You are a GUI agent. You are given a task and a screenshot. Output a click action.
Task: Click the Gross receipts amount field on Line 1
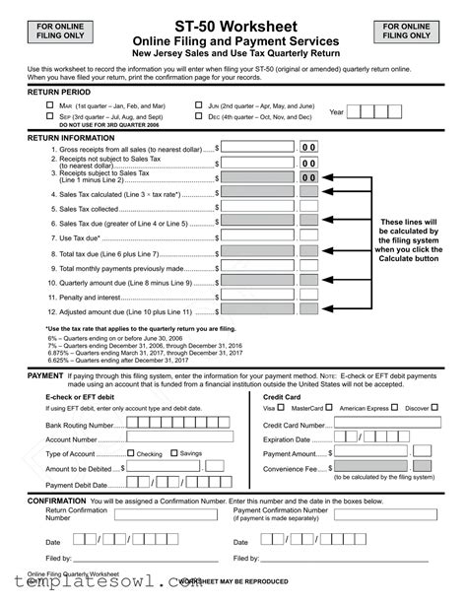tap(257, 147)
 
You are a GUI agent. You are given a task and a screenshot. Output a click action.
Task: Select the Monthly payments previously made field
tap(257, 268)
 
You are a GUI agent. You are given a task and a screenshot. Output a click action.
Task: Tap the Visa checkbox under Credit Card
tap(280, 407)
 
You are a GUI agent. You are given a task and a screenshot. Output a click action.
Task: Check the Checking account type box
tap(131, 454)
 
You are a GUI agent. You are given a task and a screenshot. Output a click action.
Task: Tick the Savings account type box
tap(175, 454)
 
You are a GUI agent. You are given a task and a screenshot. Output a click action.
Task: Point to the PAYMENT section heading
tap(45, 376)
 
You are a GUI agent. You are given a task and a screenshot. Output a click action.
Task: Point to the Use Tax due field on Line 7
tap(257, 238)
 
